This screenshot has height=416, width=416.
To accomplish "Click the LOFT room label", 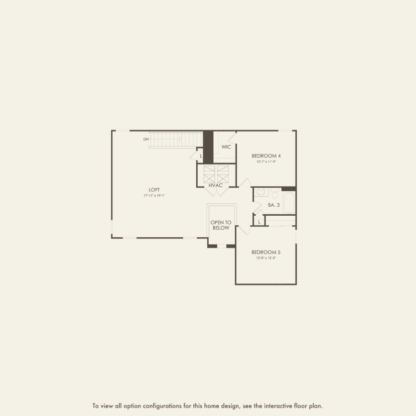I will tap(154, 189).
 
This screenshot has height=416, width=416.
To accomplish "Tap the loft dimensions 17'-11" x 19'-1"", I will tap(154, 196).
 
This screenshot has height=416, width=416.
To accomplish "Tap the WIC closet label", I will tap(226, 147).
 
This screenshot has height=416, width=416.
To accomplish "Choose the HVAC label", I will tap(216, 185).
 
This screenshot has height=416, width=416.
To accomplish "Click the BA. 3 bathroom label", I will tap(273, 205).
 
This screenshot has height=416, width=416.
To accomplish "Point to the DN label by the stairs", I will tap(146, 139).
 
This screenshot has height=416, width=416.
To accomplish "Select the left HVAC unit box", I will tap(209, 174).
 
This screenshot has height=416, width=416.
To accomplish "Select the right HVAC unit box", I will tap(223, 174).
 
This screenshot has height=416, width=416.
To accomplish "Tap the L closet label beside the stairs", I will tap(201, 156).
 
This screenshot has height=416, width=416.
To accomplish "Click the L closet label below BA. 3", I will tap(259, 222).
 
